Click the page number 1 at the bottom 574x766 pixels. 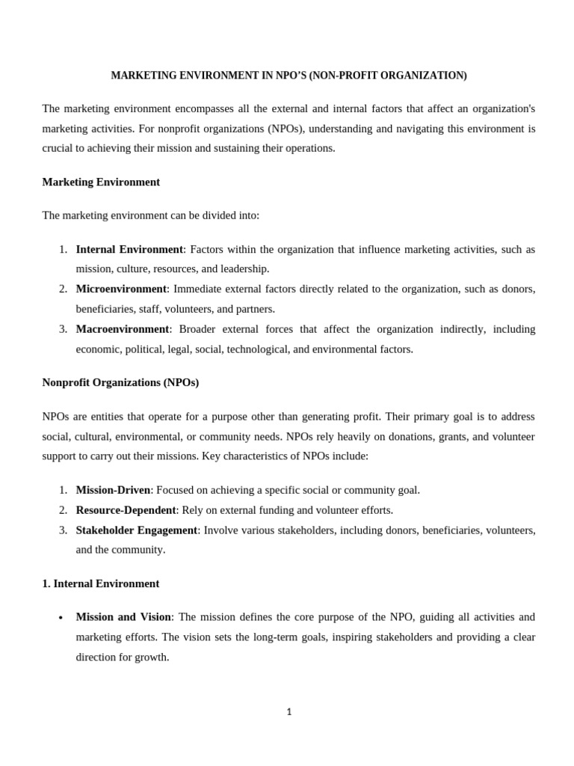pyautogui.click(x=288, y=712)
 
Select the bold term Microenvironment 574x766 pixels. pyautogui.click(x=121, y=289)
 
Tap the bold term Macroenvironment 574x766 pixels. pyautogui.click(x=123, y=329)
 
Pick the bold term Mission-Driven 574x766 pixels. pyautogui.click(x=113, y=490)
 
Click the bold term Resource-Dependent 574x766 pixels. pyautogui.click(x=126, y=510)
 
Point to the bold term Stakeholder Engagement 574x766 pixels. pyautogui.click(x=137, y=530)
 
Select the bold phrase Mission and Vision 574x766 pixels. pyautogui.click(x=123, y=617)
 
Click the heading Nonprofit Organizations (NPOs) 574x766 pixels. pyautogui.click(x=120, y=382)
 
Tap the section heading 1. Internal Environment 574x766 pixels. pyautogui.click(x=101, y=583)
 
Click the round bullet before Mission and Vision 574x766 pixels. pyautogui.click(x=60, y=619)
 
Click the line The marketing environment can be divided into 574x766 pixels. pyautogui.click(x=151, y=215)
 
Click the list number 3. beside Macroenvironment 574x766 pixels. pyautogui.click(x=63, y=329)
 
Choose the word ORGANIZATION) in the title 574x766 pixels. pyautogui.click(x=430, y=76)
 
